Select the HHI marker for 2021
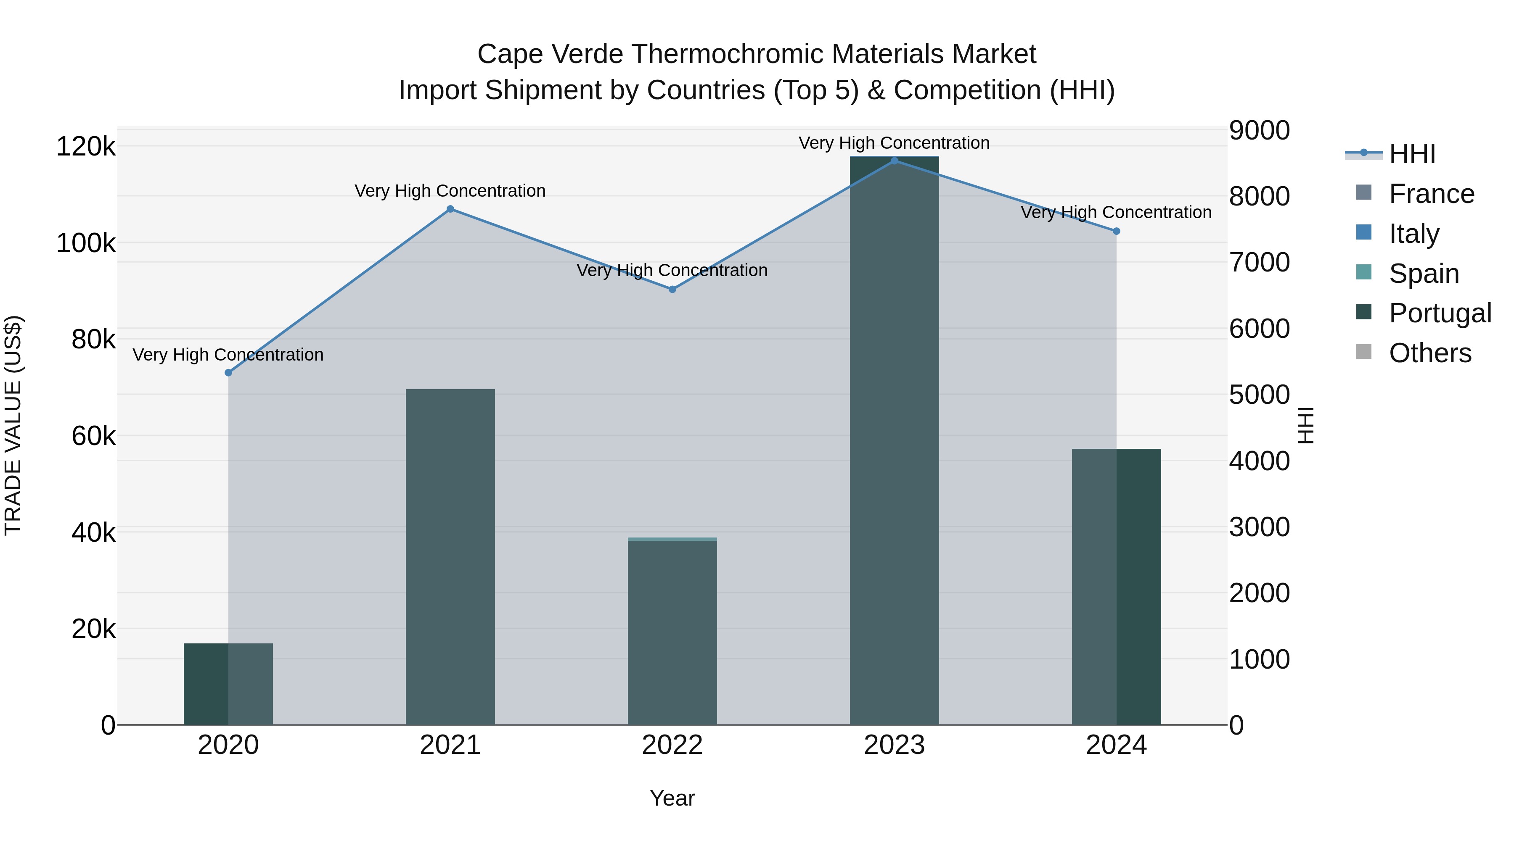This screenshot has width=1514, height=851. [450, 209]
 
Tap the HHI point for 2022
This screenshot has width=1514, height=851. [672, 290]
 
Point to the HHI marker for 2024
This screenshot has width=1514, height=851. [1117, 232]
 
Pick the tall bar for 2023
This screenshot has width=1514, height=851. [895, 440]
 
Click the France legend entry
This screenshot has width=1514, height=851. [1431, 194]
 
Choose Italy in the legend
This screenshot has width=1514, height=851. [1413, 233]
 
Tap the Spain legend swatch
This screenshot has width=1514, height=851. [1363, 272]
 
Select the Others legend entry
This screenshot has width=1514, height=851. [1429, 353]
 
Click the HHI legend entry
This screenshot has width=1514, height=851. [1412, 154]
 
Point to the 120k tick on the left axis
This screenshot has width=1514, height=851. [86, 146]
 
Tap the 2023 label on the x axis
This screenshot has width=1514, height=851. [895, 745]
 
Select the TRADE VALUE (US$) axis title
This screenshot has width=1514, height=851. [13, 425]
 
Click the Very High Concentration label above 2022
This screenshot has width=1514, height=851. [672, 271]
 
